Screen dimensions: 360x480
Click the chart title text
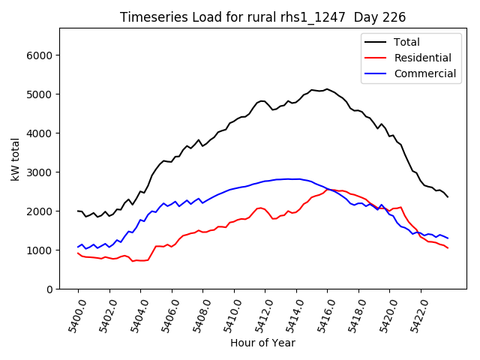[x=263, y=17]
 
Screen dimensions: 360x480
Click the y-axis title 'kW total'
[x=15, y=158]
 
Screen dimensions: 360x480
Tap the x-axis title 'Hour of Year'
[x=262, y=343]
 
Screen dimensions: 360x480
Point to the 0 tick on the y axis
[x=49, y=289]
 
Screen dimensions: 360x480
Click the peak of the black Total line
[x=327, y=89]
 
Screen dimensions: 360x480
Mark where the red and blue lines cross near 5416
[x=331, y=190]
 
